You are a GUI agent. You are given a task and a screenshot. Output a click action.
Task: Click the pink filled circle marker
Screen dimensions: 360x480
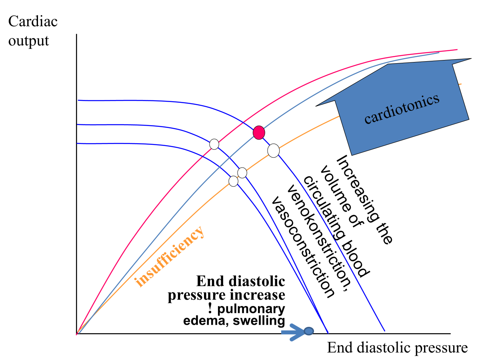(259, 132)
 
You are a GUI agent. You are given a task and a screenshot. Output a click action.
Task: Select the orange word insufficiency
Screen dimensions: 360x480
(170, 256)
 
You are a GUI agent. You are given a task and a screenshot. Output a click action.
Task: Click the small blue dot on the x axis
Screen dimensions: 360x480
(308, 331)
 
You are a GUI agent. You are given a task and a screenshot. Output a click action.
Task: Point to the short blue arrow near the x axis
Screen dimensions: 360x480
(293, 332)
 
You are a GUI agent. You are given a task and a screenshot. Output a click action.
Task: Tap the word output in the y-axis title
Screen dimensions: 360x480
(28, 40)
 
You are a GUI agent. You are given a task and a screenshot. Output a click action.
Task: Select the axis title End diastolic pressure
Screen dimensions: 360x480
(397, 348)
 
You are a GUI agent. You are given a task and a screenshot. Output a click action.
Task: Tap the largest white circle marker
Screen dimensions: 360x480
(273, 150)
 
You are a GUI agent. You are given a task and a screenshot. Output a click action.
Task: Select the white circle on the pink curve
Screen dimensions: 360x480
(214, 144)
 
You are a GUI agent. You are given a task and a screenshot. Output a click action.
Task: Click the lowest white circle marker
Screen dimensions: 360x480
(233, 181)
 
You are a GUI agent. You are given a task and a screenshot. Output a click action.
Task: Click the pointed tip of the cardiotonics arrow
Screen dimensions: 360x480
(470, 60)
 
